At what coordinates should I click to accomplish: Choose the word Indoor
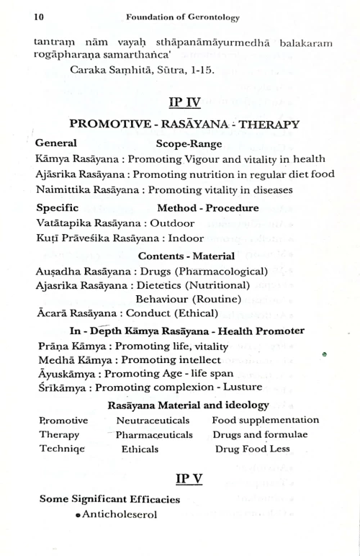click(x=184, y=238)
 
